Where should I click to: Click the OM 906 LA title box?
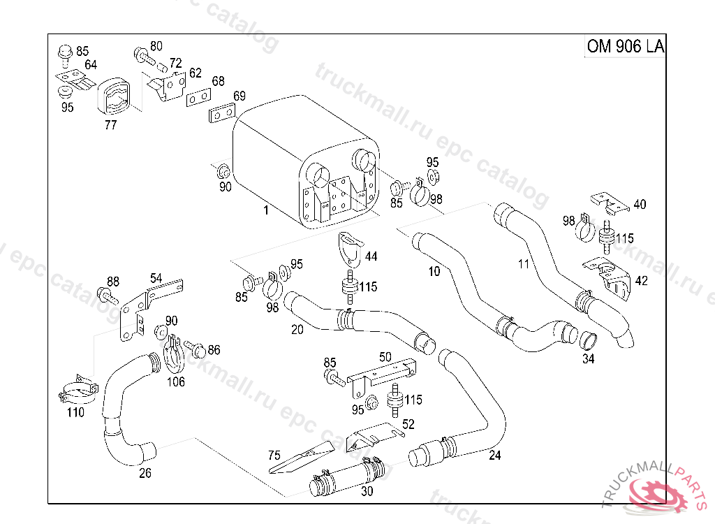[x=624, y=46]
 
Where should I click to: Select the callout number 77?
[x=110, y=125]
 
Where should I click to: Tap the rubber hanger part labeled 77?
[x=112, y=99]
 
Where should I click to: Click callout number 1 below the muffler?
[x=265, y=210]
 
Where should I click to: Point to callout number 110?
[x=75, y=412]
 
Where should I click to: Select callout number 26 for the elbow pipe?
[x=145, y=472]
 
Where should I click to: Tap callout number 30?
[x=367, y=490]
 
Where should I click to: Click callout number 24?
[x=494, y=456]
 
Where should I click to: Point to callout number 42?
[x=640, y=280]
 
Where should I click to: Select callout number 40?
[x=640, y=205]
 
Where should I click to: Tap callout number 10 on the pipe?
[x=434, y=271]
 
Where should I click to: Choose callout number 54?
[x=156, y=277]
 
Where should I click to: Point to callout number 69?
[x=239, y=96]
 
